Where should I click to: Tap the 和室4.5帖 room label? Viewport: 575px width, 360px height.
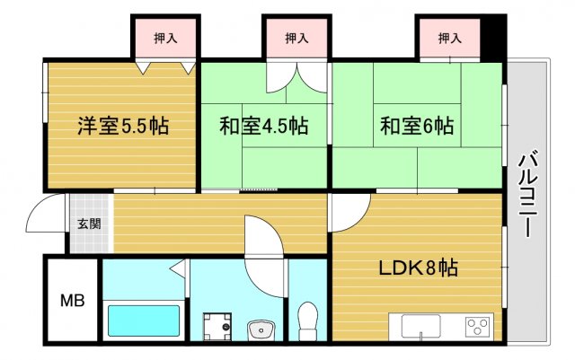[x=264, y=127]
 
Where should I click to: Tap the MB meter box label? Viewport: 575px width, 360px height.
[x=72, y=301]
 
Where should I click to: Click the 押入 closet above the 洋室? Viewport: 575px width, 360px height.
[x=165, y=39]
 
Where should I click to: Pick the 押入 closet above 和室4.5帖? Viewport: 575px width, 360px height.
[x=296, y=39]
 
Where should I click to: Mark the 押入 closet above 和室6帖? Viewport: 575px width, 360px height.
[x=449, y=39]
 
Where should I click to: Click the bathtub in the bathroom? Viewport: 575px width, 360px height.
[x=144, y=320]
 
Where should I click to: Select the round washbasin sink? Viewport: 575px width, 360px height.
[x=262, y=327]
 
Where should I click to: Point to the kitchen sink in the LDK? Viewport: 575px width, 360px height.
[x=420, y=325]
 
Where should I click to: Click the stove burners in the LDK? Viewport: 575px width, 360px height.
[x=475, y=325]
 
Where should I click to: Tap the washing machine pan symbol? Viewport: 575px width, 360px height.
[x=217, y=324]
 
